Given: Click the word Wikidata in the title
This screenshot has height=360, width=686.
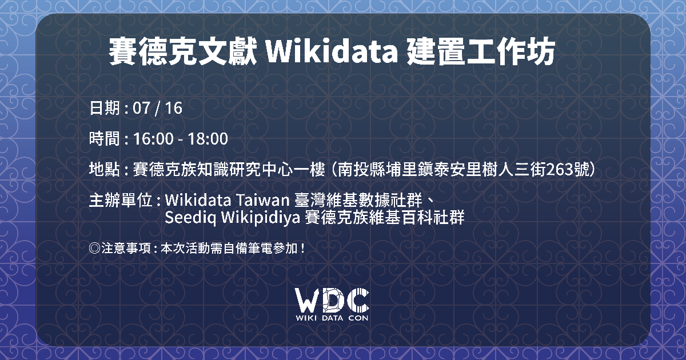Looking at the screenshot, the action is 332,51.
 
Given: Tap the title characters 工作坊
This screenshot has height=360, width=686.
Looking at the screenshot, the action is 511,51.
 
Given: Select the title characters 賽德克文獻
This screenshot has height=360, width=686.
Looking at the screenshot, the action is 183,51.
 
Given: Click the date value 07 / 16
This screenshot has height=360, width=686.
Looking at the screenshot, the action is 157,108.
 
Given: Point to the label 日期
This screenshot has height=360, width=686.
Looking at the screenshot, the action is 105,108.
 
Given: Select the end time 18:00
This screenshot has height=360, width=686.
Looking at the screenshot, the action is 208,139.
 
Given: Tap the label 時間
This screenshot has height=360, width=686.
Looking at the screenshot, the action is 105,139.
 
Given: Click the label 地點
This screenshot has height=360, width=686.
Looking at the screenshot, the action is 105,169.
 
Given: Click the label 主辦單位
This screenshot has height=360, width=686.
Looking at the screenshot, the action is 121,201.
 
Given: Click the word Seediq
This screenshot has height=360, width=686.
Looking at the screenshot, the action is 190,218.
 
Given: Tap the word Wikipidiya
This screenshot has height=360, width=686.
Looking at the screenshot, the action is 260,218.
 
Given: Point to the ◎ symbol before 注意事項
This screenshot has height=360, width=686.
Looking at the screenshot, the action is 95,248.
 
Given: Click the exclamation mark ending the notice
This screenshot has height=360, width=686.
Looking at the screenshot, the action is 302,248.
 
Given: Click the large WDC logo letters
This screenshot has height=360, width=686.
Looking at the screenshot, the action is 332,299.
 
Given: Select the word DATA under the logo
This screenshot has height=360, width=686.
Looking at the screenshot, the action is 332,318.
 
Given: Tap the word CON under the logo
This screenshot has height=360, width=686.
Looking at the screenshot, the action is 358,318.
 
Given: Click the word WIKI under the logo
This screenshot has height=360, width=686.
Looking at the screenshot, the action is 306,318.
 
